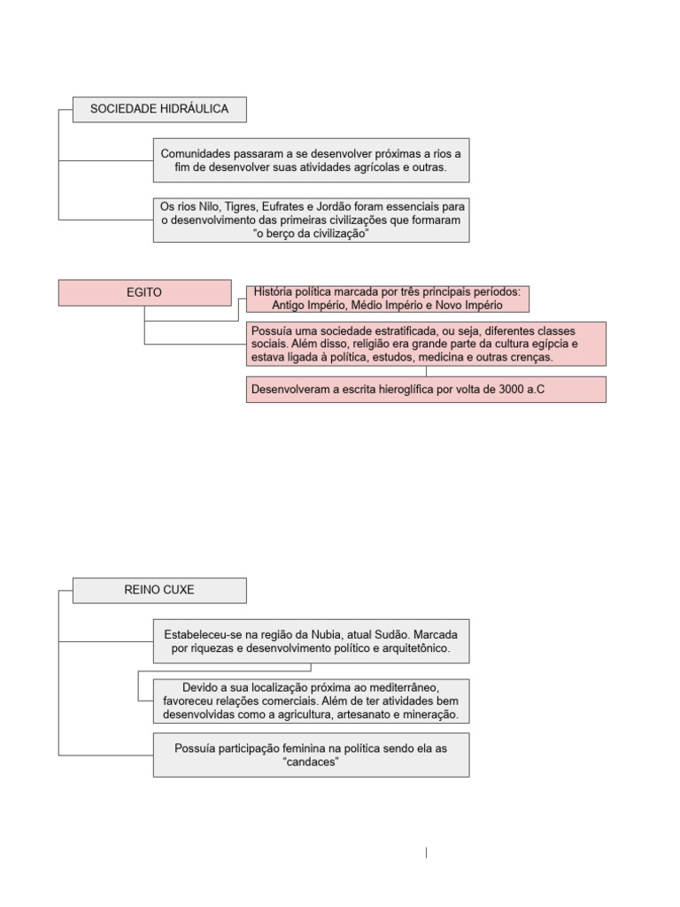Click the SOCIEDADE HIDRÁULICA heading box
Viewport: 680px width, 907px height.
(x=159, y=109)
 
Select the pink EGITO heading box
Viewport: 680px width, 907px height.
(x=144, y=292)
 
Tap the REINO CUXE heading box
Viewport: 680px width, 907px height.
(x=159, y=590)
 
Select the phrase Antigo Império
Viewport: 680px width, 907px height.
(x=286, y=305)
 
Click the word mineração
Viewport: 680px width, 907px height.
(x=429, y=715)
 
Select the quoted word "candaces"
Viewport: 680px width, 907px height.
(x=311, y=762)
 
